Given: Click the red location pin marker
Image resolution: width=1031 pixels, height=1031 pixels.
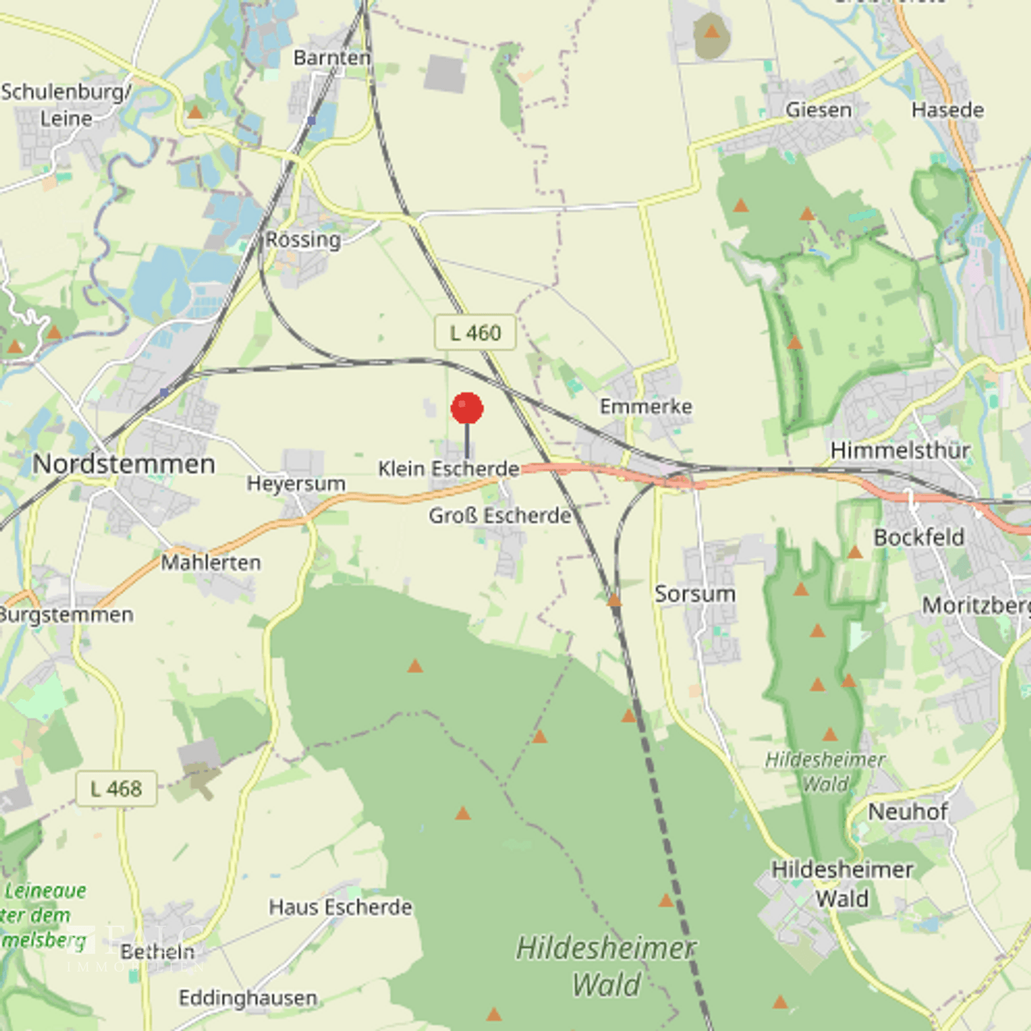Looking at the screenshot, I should point(467,409).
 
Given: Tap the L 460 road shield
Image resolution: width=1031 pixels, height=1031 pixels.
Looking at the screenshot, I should point(475,333).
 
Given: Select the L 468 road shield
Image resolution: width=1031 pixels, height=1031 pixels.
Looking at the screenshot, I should point(116,789).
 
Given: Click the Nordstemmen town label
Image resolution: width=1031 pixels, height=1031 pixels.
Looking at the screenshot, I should point(124,464).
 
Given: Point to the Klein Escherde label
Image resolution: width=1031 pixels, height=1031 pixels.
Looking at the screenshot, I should point(448,469).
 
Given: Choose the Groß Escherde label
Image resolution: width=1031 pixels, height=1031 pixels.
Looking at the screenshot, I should point(500,515).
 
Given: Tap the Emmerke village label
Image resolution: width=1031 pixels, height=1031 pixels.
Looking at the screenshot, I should point(646,407).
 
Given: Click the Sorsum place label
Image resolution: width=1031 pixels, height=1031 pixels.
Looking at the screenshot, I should point(694,594).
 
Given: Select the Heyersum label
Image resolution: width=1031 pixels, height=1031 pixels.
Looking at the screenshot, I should point(296,484).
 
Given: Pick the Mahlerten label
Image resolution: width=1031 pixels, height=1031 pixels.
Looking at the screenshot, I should point(210,563).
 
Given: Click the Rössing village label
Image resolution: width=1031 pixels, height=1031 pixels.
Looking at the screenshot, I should point(303,240).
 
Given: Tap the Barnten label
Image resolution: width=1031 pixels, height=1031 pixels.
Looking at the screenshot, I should point(332,58).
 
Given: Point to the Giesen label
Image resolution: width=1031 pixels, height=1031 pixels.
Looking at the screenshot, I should point(818,110).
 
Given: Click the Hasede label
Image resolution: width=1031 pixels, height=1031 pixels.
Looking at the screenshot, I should point(947,110).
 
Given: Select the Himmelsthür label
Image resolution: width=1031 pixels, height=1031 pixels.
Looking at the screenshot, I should point(900,451).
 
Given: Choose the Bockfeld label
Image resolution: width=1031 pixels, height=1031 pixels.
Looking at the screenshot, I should point(919,538).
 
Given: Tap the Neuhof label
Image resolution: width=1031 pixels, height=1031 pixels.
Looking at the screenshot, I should point(907,812).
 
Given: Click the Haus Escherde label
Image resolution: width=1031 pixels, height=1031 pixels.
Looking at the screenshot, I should point(340,908).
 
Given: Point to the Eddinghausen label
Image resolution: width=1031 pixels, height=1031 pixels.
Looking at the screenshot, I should point(248,998).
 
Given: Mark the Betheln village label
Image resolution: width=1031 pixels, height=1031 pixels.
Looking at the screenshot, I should point(158,952).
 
